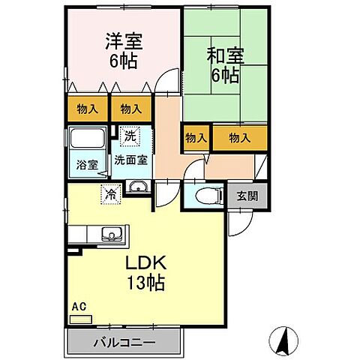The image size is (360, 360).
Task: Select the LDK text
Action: click(145, 265)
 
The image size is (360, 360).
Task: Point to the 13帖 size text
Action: click(145, 283)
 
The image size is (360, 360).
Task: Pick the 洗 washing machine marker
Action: click(130, 136)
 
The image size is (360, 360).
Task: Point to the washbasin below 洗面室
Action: click(136, 187)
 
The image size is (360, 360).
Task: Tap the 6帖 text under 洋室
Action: click(124, 62)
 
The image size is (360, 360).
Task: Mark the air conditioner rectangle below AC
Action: click(80, 319)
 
